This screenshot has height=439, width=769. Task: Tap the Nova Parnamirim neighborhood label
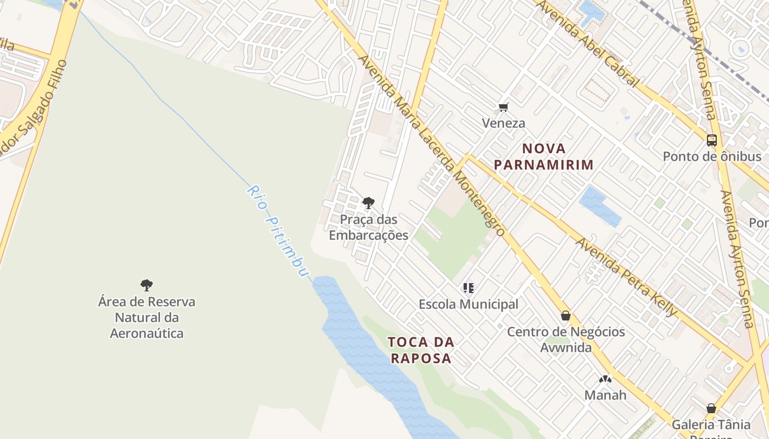coord(544,156)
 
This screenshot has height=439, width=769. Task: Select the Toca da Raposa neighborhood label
coord(421,350)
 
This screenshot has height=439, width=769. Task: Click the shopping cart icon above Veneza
coord(503,107)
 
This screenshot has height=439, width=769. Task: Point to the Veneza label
coord(503,123)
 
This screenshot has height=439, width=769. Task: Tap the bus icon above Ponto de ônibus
coord(712,140)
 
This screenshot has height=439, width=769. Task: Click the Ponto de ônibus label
coord(712,156)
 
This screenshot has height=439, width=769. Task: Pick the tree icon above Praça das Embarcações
coord(368,203)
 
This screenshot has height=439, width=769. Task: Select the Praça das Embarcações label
coord(368,227)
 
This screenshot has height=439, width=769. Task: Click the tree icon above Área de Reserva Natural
coord(146,285)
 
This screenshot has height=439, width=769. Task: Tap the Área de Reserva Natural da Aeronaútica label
coord(147,317)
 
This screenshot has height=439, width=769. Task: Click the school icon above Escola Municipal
coord(468,288)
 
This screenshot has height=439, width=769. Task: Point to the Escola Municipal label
coord(468,304)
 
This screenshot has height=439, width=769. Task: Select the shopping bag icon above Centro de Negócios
coord(566,316)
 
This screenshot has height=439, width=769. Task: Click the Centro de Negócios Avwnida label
coord(566,340)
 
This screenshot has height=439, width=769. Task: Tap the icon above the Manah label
coord(605,379)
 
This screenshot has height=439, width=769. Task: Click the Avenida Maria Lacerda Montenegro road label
coord(432,146)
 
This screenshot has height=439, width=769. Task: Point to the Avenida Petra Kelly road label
coord(626,277)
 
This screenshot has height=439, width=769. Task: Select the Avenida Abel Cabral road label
coord(587,43)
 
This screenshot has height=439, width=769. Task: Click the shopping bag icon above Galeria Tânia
coord(711,408)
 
